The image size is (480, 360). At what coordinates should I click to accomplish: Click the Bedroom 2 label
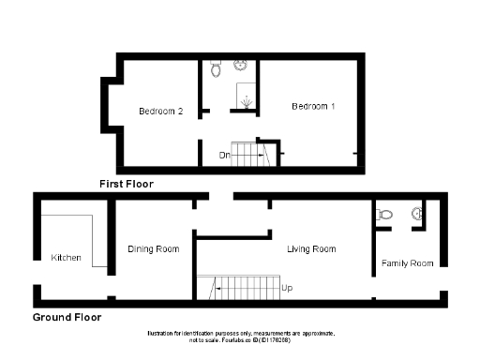pyautogui.click(x=160, y=112)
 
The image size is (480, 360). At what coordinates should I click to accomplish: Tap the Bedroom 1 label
pyautogui.click(x=313, y=107)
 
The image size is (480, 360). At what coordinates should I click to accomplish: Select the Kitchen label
pyautogui.click(x=66, y=258)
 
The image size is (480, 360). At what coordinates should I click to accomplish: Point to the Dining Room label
pyautogui.click(x=153, y=249)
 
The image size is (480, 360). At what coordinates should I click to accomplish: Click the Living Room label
pyautogui.click(x=311, y=249)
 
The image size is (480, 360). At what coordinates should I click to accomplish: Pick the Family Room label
pyautogui.click(x=408, y=263)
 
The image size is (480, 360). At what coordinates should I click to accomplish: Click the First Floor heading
pyautogui.click(x=127, y=185)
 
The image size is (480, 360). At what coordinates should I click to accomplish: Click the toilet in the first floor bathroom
pyautogui.click(x=216, y=69)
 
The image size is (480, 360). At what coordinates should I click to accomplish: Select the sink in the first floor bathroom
pyautogui.click(x=242, y=66)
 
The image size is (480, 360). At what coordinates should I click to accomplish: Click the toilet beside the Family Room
pyautogui.click(x=382, y=215)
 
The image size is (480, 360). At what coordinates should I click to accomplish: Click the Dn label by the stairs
pyautogui.click(x=224, y=155)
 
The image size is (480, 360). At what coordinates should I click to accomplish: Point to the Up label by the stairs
pyautogui.click(x=286, y=288)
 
